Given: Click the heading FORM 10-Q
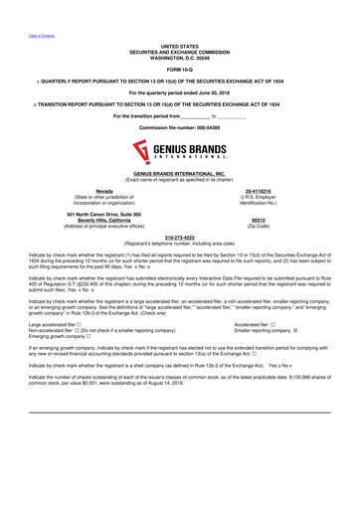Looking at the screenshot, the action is coord(179,69).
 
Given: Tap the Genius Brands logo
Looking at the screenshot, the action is coord(179,154).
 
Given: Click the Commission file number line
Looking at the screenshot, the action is coord(179,129).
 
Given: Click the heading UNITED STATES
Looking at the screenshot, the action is coord(179,46).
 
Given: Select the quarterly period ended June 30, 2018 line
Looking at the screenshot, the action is coord(179,92).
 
